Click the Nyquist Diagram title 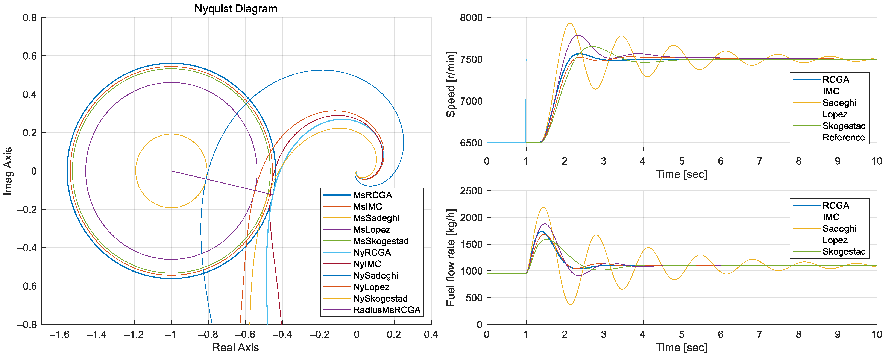[x=236, y=9]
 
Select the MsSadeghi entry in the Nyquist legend [x=376, y=218]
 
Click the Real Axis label [x=235, y=348]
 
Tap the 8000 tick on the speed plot [x=471, y=18]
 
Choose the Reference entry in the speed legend [x=844, y=137]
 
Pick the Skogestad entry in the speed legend [x=844, y=126]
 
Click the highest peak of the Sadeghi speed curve [x=570, y=23]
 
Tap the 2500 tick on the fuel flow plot [x=471, y=191]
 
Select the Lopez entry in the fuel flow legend [x=835, y=240]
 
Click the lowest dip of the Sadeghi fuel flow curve [x=570, y=304]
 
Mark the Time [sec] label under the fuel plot [x=681, y=348]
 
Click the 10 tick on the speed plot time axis [x=876, y=161]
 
